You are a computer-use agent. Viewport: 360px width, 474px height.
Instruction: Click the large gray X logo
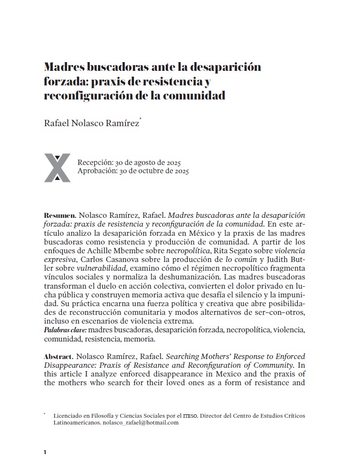tap(57, 167)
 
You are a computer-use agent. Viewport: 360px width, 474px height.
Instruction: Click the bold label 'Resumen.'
tap(60, 214)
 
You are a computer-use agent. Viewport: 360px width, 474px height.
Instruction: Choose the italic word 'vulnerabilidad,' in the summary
tap(99, 268)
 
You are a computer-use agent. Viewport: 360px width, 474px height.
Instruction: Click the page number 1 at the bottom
tap(45, 452)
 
